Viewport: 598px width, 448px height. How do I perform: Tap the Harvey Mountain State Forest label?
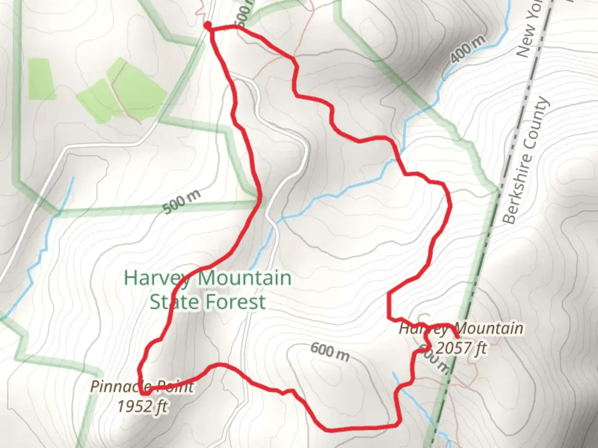point(208,290)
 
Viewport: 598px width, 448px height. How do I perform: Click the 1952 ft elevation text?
point(142,406)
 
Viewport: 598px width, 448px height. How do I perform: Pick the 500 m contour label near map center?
point(181,202)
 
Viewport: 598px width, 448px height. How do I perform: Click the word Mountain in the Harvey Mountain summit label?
point(490,329)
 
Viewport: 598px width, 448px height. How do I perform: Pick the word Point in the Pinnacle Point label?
point(176,387)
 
